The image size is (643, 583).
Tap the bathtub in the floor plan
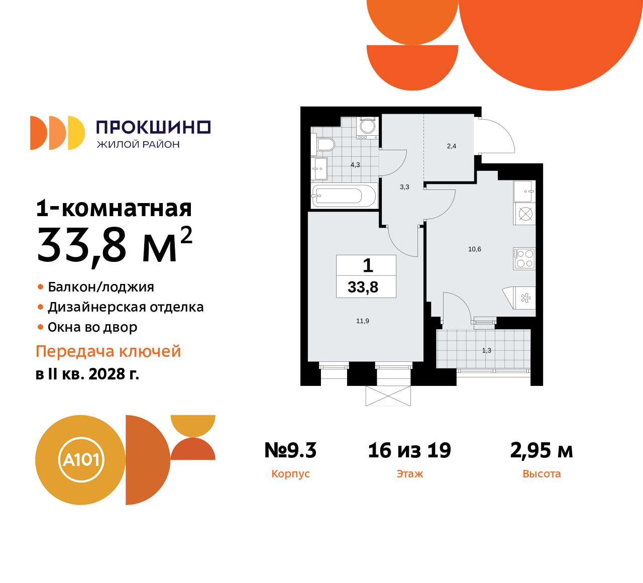tap(344, 196)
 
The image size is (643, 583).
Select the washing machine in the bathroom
tap(367, 128)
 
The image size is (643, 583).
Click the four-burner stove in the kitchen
tap(524, 258)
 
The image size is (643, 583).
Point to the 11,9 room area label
tap(363, 321)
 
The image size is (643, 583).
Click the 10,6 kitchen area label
tap(475, 249)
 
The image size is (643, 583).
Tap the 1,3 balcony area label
tap(487, 350)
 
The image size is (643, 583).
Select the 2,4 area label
tap(452, 146)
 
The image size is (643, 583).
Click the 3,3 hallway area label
tap(404, 187)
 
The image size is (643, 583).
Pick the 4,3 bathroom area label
tap(355, 165)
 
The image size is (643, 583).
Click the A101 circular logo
tap(81, 459)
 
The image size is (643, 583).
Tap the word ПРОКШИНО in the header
tap(153, 127)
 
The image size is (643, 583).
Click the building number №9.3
tap(290, 450)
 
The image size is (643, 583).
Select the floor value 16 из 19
tap(409, 450)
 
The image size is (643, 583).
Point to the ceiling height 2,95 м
tap(542, 450)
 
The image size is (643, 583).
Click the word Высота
tap(542, 473)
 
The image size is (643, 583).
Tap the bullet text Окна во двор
tap(92, 327)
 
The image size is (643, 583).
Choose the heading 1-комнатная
tap(114, 208)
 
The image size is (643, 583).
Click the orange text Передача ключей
tap(109, 351)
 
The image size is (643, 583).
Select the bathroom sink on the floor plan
tap(320, 169)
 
